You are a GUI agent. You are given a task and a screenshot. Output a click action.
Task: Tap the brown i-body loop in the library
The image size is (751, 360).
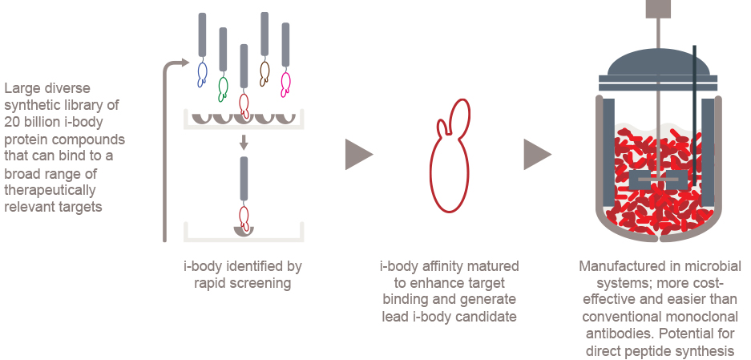[x=265, y=73]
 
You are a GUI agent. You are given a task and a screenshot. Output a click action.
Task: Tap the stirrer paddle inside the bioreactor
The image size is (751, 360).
[x=657, y=179]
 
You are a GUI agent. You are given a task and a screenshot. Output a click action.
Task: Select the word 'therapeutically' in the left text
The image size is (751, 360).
[x=50, y=190]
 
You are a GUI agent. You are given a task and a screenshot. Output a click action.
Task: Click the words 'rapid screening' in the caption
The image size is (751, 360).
[x=243, y=283]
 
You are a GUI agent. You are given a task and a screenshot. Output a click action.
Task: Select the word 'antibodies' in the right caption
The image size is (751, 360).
[x=608, y=333]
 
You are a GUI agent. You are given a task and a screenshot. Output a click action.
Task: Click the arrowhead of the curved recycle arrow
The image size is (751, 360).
[x=188, y=63]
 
